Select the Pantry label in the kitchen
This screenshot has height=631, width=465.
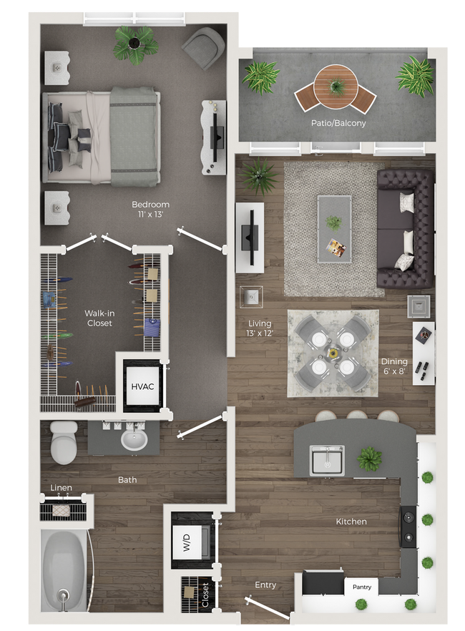point(361,587)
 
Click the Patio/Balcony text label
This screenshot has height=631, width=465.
point(338,123)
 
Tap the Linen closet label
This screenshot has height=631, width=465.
point(61,489)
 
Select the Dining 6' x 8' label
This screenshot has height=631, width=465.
point(394,366)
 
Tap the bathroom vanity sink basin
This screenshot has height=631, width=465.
point(134,439)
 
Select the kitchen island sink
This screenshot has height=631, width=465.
point(327,460)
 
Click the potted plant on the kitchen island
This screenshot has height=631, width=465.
point(370,458)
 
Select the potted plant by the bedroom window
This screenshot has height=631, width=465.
point(136,44)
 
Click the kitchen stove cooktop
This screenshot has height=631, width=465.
point(408,527)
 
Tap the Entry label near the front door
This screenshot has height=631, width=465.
point(265,585)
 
